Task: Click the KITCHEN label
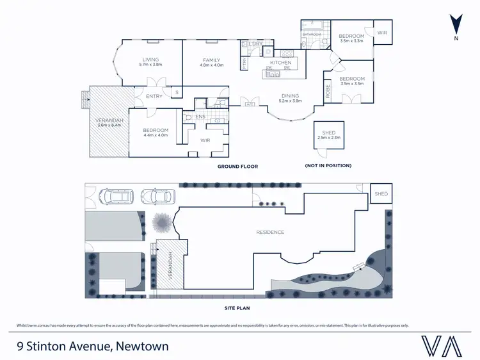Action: [281, 63]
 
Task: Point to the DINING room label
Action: [290, 96]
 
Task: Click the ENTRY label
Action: [154, 97]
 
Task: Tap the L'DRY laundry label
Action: [257, 44]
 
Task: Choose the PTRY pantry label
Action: [244, 63]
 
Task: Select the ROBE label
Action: [327, 92]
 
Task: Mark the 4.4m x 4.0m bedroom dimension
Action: [155, 135]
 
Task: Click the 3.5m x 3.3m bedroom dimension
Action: [351, 40]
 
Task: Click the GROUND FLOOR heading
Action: [237, 167]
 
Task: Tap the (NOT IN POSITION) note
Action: [328, 166]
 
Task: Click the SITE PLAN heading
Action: [237, 307]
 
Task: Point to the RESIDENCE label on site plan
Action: [270, 232]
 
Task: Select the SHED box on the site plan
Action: [381, 193]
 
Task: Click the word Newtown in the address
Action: [141, 347]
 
